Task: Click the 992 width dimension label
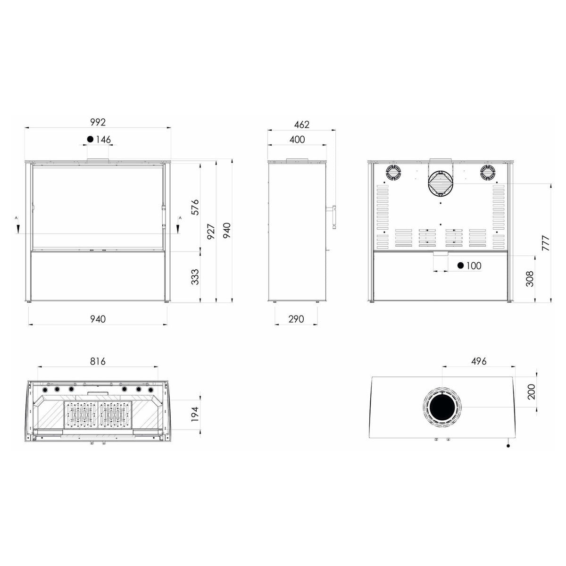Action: coord(98,122)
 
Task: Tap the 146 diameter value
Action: coord(103,139)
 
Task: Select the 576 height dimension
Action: coord(195,208)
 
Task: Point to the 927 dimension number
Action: coord(211,232)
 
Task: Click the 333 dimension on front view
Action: coord(195,277)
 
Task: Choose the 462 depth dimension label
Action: coord(302,125)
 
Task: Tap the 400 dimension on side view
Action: coord(297,140)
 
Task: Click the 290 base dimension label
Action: coord(296,319)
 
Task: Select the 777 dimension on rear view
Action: coord(545,242)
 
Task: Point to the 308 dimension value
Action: coord(530,279)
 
